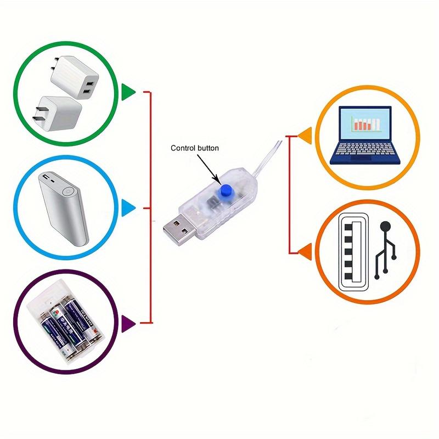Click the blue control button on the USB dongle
224,190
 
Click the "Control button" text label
194,148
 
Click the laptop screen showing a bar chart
364,125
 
